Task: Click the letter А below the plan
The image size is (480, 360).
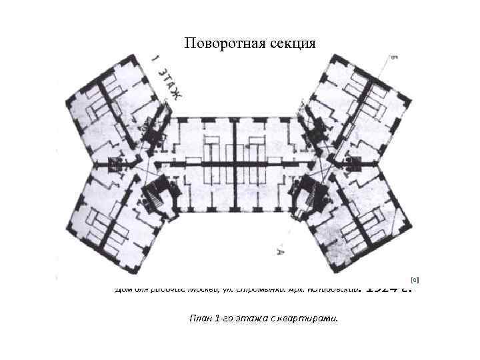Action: coord(281,251)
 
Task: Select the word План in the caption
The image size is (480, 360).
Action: coord(202,318)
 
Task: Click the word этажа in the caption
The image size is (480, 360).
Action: coord(259,318)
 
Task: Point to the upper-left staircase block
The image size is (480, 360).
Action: coord(153,130)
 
